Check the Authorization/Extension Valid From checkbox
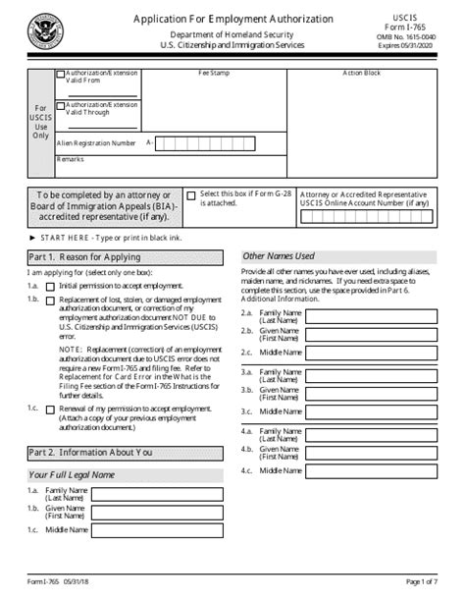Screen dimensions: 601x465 (61, 74)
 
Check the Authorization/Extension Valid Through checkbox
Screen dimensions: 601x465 (61, 105)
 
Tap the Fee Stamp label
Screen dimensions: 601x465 (214, 73)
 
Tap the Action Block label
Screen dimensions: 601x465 (361, 73)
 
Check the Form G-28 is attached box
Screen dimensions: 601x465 (191, 195)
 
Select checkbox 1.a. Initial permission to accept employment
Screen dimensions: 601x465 (50, 285)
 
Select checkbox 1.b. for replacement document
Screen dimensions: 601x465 (50, 300)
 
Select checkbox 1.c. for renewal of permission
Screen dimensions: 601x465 (50, 407)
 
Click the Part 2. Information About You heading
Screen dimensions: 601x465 (90, 453)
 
